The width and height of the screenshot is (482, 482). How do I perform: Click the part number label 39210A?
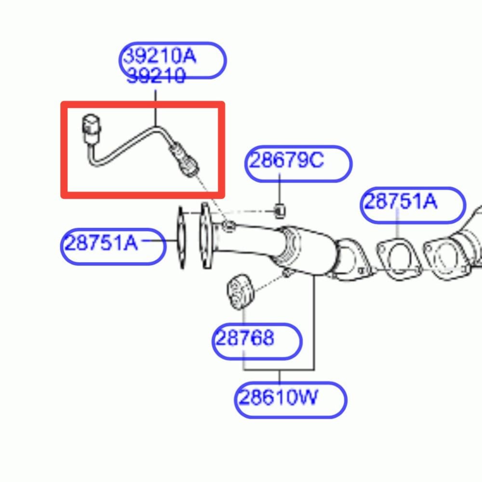point(160,56)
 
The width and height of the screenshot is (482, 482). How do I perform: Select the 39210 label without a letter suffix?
point(156,76)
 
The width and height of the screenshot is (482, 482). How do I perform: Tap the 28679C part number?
point(286,160)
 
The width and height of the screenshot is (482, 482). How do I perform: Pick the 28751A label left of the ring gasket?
point(101,242)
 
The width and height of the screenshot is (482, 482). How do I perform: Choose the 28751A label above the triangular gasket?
point(401,201)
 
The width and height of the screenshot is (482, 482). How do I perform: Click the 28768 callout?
point(245,338)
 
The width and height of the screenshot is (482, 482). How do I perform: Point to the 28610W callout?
point(278,397)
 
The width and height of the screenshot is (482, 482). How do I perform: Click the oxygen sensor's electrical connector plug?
point(91,129)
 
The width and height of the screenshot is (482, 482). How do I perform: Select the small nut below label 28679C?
point(280,211)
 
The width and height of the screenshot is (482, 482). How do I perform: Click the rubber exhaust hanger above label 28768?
point(241,292)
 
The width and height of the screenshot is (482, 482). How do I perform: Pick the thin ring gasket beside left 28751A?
point(181,238)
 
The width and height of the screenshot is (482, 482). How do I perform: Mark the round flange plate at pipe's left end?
point(206,235)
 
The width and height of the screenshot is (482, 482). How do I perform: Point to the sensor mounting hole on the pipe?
point(228,227)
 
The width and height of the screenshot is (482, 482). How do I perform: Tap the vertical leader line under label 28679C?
point(280,189)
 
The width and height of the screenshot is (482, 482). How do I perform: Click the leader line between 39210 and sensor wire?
point(156,108)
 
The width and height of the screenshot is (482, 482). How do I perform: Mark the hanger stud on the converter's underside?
point(287,273)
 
